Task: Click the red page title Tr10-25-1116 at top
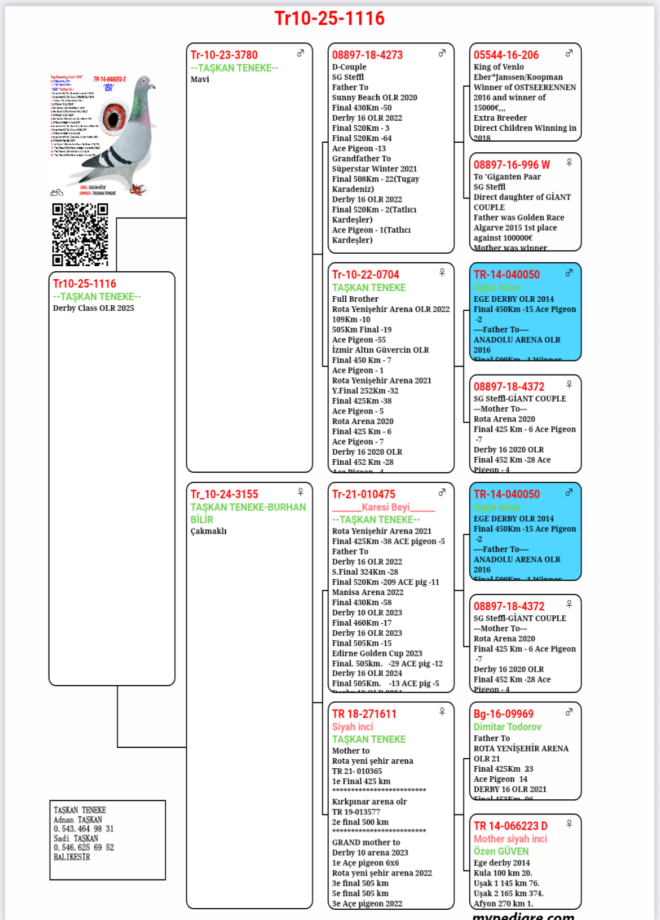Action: tap(329, 19)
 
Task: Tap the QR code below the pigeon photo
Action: tap(80, 235)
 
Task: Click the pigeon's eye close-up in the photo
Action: tap(113, 117)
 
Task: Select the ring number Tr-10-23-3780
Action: tap(224, 55)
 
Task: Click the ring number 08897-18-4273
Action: tap(367, 55)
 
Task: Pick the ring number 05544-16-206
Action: tap(506, 55)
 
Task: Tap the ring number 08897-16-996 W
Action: tap(512, 165)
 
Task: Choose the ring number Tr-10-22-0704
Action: tap(366, 275)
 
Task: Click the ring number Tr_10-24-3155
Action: tap(225, 494)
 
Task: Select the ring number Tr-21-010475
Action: tap(364, 494)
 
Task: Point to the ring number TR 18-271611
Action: tap(364, 714)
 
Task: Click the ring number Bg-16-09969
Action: tap(504, 714)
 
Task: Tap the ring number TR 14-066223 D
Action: tap(511, 826)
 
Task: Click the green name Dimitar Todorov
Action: tap(507, 727)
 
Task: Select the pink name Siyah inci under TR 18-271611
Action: tap(353, 727)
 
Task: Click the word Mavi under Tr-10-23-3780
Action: tap(200, 80)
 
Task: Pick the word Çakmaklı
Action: tap(209, 531)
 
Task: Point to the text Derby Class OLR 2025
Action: tap(94, 309)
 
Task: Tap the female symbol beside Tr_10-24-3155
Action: tap(301, 492)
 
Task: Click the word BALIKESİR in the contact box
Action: tap(72, 857)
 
